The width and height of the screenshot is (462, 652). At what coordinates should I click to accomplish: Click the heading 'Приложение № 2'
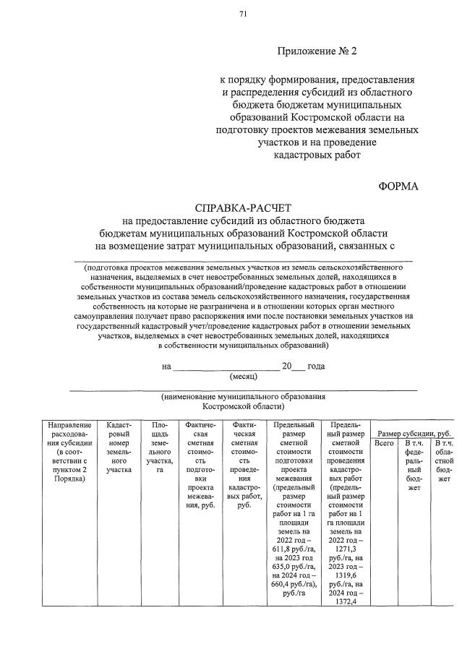tap(317, 52)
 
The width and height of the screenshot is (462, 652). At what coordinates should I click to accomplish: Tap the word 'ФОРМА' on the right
tap(398, 186)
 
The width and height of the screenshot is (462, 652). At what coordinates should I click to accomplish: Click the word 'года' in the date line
tap(316, 366)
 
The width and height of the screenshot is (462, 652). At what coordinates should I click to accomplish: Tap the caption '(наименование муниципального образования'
tap(243, 397)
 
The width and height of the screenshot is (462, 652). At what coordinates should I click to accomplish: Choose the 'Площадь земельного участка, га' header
tap(159, 447)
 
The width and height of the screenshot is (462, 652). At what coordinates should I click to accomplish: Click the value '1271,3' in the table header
tap(346, 549)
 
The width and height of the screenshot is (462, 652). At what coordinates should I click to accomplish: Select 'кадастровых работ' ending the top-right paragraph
tap(317, 154)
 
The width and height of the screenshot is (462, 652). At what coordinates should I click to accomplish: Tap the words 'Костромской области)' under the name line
tap(243, 406)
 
